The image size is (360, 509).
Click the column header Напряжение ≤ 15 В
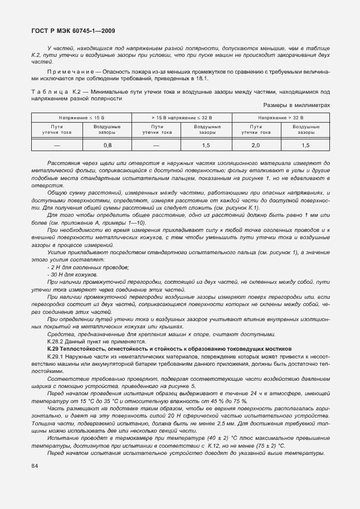coord(81,118)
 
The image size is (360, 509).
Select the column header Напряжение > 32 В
coord(280,118)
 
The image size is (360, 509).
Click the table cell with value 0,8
coord(107,145)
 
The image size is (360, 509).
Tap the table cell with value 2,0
coord(255,145)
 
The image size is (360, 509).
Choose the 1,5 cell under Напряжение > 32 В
coord(305,145)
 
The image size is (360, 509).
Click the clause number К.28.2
coord(57,341)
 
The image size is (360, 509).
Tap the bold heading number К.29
coord(53,348)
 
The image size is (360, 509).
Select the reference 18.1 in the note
coord(200,79)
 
